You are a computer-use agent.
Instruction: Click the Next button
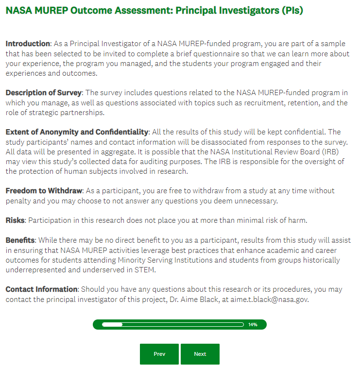click(x=200, y=354)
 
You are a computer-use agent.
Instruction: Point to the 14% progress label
click(x=253, y=324)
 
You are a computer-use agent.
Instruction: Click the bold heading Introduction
click(x=28, y=44)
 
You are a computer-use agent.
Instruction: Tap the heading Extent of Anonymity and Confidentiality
click(x=77, y=132)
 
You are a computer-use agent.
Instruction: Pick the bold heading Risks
click(x=15, y=220)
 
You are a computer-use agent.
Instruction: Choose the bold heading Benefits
click(x=20, y=240)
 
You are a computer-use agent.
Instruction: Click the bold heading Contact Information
click(x=41, y=289)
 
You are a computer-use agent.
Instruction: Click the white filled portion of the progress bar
click(x=112, y=324)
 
